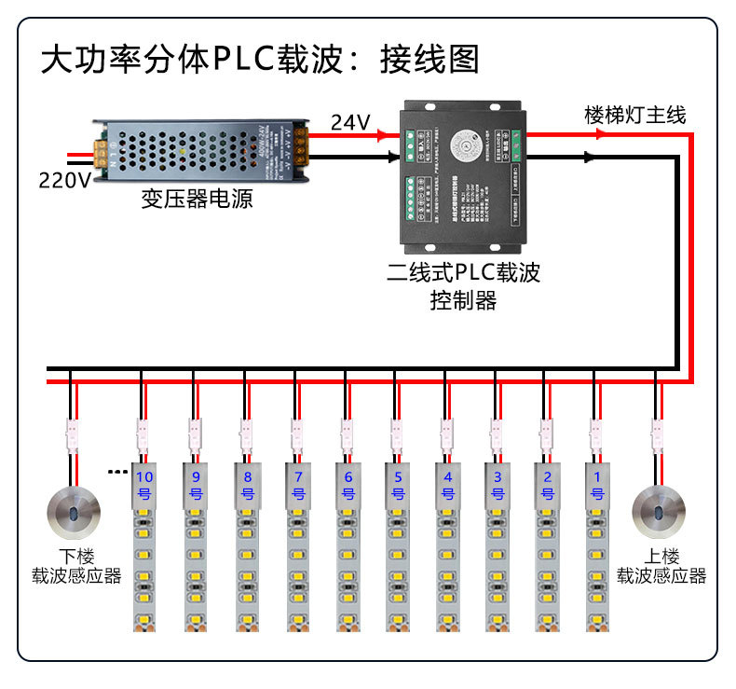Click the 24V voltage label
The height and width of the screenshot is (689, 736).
350,122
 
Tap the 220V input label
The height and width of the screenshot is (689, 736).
64,179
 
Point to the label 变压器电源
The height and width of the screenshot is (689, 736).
197,199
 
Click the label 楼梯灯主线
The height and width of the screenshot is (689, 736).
634,115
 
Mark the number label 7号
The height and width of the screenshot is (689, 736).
297,485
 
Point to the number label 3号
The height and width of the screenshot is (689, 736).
497,485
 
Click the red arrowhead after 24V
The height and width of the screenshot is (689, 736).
383,135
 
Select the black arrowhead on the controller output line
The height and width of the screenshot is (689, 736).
589,158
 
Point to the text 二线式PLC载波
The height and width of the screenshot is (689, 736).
463,273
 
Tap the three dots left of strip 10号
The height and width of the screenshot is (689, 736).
116,472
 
